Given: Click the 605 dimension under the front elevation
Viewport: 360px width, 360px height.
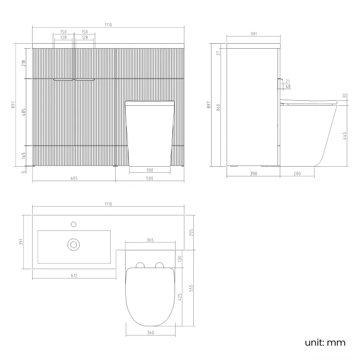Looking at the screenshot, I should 74,178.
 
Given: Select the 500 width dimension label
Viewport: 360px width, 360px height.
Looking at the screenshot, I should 150,178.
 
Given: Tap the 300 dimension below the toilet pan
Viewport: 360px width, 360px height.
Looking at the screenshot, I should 150,171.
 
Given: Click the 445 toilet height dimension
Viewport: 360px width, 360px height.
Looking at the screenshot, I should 345,135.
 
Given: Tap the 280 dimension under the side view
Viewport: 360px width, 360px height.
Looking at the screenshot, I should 296,174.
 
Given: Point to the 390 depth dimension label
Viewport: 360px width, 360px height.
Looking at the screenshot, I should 253,174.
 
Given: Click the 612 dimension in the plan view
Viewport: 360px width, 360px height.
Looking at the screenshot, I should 74,275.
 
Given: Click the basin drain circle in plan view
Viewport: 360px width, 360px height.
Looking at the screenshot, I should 74,244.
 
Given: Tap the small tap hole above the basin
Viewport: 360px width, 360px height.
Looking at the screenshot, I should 74,224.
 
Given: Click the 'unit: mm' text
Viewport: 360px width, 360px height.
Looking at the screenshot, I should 325,342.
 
